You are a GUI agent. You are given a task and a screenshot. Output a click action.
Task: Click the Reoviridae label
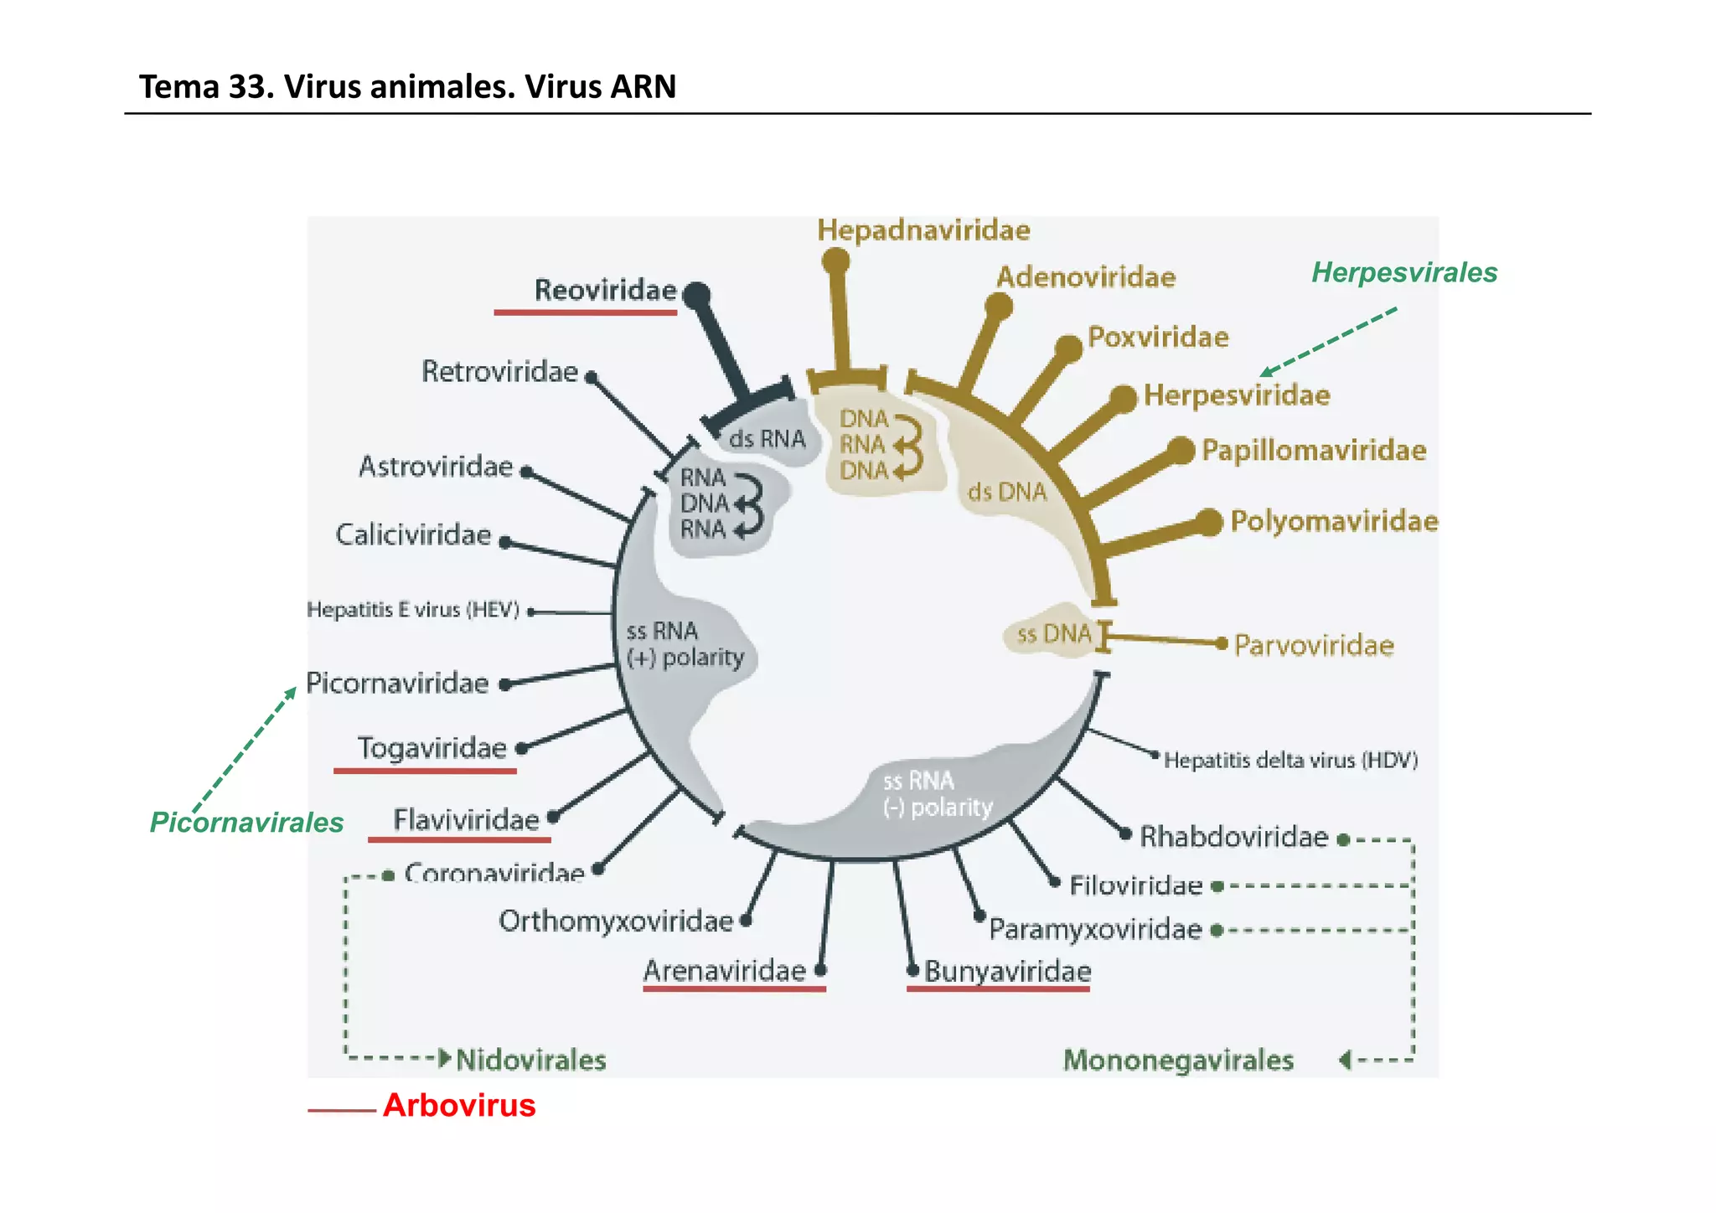[605, 290]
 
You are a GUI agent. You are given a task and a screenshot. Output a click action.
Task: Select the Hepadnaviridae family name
[923, 230]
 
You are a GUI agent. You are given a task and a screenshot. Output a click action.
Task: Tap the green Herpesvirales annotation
[1403, 272]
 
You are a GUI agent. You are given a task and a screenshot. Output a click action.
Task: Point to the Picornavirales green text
[246, 822]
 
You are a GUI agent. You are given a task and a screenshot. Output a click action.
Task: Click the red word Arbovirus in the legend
[459, 1105]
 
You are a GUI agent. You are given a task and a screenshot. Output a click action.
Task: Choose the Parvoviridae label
[1313, 645]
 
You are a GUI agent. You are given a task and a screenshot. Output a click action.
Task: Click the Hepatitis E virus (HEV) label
[413, 609]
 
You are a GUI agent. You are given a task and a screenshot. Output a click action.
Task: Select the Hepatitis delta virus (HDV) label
[1290, 760]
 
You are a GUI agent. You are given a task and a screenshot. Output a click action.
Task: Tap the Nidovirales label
[531, 1060]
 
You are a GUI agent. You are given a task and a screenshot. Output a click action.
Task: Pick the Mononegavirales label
[1178, 1060]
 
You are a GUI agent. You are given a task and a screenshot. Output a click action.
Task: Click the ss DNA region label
[1053, 634]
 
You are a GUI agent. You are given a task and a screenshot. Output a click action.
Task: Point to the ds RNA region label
[767, 438]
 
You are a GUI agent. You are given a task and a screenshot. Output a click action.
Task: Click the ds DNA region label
[1006, 491]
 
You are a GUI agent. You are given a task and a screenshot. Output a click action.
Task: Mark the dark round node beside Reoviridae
[696, 294]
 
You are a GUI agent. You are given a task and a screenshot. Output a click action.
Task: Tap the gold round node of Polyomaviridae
[1208, 522]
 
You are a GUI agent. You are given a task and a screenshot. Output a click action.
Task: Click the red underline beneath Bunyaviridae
[998, 989]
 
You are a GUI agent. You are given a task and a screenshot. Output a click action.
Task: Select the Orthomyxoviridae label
[616, 921]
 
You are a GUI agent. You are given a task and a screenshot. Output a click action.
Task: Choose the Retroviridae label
[499, 371]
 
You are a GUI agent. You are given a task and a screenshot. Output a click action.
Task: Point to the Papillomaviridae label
[1313, 450]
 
